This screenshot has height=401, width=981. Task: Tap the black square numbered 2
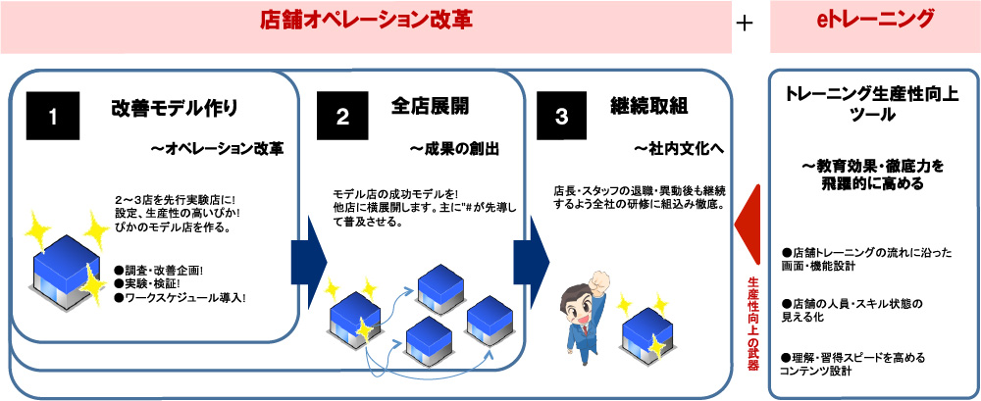(x=342, y=116)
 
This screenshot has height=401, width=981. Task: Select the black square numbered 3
(x=561, y=116)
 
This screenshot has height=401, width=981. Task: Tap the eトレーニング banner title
(x=874, y=21)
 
